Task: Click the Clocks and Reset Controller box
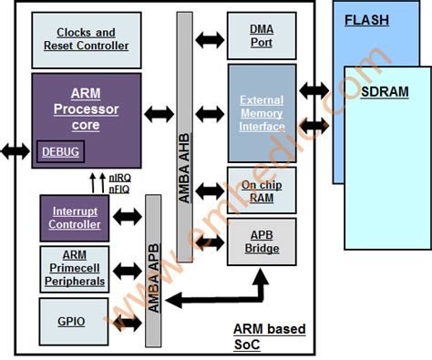[x=86, y=39]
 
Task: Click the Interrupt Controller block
[x=75, y=217]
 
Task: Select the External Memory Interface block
[x=262, y=113]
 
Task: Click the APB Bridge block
[x=261, y=242]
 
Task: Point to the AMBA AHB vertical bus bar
[x=185, y=137]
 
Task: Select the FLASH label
[x=366, y=19]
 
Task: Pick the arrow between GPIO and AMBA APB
[x=128, y=322]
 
